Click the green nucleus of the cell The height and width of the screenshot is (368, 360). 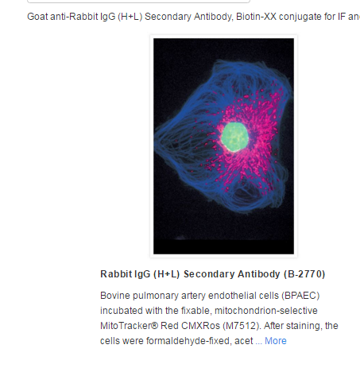[234, 137]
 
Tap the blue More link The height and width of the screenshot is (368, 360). [276, 341]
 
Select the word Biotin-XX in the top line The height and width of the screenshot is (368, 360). [256, 17]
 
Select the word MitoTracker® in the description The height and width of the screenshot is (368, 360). [129, 326]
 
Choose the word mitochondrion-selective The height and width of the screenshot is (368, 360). [266, 311]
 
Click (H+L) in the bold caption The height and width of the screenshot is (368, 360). [167, 274]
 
